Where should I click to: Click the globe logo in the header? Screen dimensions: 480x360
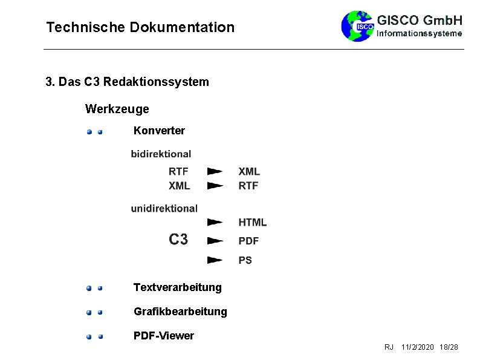357,26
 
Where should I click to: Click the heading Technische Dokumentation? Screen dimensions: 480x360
140,27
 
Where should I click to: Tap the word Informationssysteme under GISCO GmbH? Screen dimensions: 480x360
420,34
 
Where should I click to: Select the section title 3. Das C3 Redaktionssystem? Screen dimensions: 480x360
127,82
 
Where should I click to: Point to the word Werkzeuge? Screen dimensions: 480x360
117,110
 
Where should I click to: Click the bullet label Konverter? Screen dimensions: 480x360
159,131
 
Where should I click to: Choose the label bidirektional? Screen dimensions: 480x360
161,154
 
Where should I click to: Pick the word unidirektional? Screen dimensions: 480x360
164,208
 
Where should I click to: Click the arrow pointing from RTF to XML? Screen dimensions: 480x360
215,171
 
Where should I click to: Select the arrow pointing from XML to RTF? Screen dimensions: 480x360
215,186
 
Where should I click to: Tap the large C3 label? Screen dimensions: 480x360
178,240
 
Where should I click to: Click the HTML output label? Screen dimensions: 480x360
252,223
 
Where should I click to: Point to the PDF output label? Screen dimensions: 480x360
248,241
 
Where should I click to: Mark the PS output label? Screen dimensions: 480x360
245,260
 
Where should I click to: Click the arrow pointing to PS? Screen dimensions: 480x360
215,260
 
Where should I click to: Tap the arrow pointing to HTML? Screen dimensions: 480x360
215,223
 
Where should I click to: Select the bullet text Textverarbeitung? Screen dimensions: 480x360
177,287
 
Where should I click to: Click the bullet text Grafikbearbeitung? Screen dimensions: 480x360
180,312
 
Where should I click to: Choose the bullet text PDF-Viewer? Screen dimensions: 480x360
163,336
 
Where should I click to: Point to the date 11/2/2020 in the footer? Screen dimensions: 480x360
417,347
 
